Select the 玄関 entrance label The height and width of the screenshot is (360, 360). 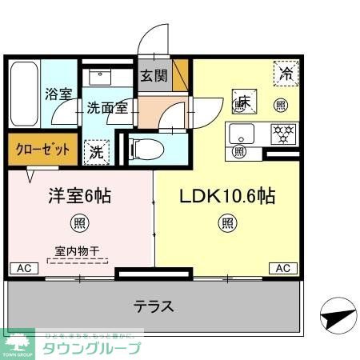(154, 77)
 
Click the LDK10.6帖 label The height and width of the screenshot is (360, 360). (227, 195)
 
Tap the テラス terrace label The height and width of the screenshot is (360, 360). (154, 306)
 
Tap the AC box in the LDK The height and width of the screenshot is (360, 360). (283, 268)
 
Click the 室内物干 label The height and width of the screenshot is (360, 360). (78, 251)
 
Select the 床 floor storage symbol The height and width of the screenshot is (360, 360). (242, 102)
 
